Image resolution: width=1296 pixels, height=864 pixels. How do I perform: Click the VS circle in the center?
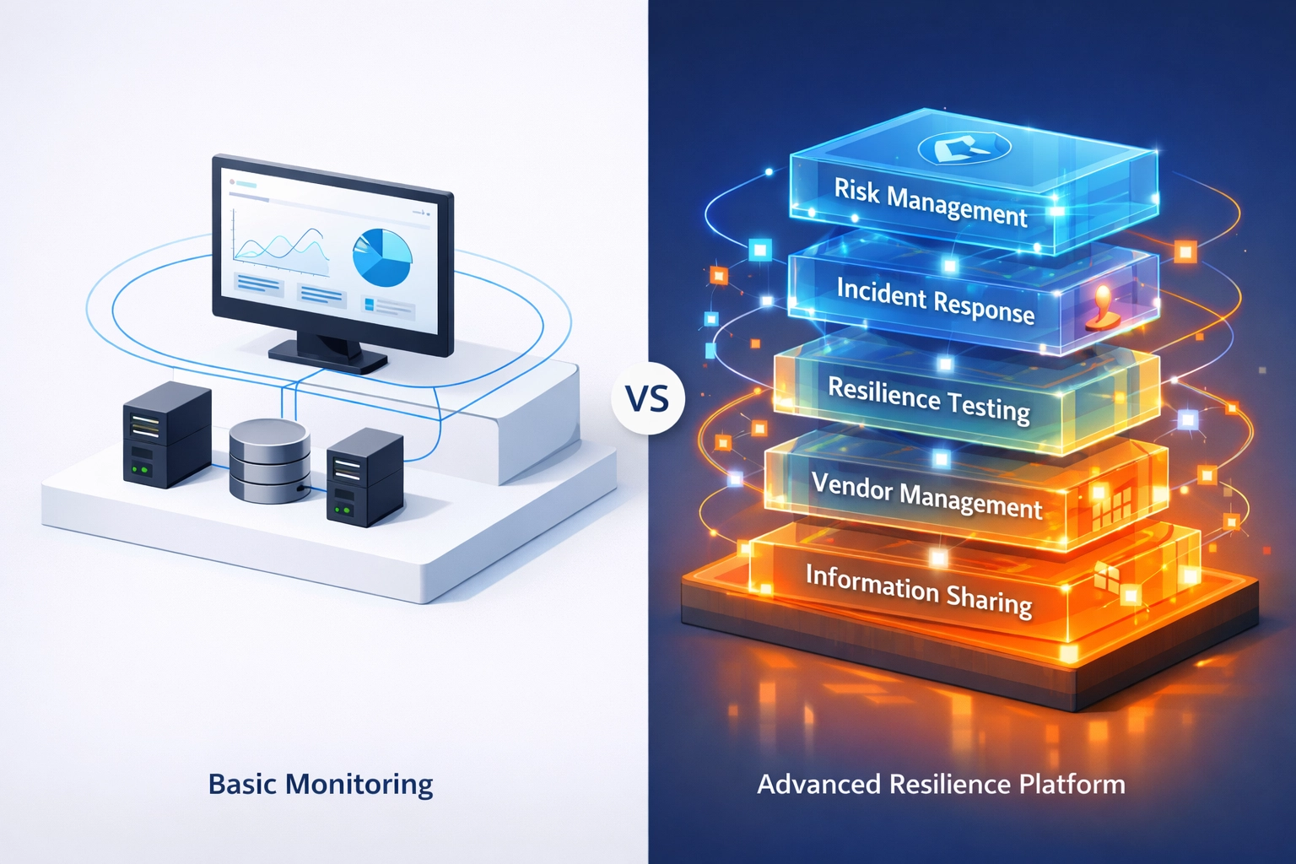(648, 397)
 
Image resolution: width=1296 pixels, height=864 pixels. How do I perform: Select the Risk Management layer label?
(931, 202)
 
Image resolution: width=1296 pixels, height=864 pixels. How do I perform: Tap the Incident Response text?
(935, 300)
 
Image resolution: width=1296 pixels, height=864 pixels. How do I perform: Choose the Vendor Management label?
(926, 495)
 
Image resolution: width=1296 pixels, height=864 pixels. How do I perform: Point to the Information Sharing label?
(919, 589)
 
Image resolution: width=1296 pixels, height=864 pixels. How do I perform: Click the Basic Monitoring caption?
(321, 784)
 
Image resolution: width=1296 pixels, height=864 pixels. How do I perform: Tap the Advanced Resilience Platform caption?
(941, 784)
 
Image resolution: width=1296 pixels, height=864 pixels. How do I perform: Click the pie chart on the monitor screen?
(382, 256)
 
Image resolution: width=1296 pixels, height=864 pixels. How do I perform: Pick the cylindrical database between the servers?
(269, 462)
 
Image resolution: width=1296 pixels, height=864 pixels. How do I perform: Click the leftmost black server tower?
(166, 435)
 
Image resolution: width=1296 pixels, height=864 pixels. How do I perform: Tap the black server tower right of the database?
(364, 477)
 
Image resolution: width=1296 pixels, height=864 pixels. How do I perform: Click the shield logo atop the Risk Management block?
(964, 149)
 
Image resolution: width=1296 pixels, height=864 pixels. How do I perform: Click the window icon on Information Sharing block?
(1106, 577)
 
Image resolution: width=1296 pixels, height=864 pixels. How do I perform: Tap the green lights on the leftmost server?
(141, 468)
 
